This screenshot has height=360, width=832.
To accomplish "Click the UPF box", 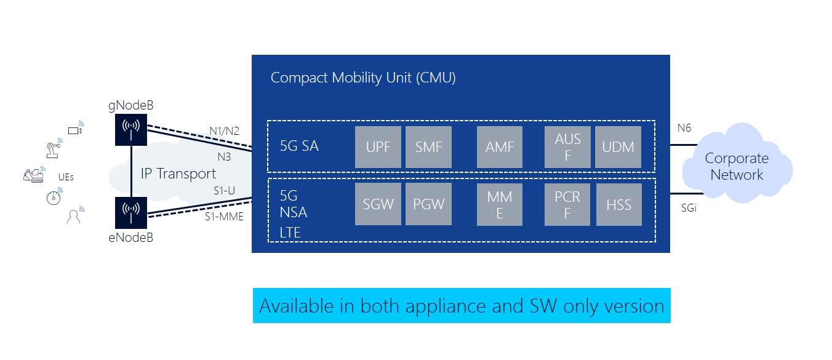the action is click(378, 147).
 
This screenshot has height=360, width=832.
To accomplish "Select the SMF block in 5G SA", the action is click(429, 147).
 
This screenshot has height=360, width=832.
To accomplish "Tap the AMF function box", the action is click(500, 147).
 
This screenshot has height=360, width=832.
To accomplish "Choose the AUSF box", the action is click(567, 147).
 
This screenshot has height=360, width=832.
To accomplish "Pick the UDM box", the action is click(618, 147).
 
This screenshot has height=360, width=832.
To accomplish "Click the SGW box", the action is click(378, 204).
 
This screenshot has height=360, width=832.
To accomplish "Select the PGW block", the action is click(429, 204).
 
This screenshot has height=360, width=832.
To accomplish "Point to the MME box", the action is click(500, 204).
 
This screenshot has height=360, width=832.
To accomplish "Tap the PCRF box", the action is click(567, 204).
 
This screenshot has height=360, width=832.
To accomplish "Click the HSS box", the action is click(619, 204).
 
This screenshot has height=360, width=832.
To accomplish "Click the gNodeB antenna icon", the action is click(131, 130).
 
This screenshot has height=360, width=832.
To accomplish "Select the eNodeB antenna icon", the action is click(131, 213).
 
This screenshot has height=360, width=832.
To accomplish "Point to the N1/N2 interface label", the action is click(225, 131).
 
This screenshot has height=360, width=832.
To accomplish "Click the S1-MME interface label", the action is click(225, 217).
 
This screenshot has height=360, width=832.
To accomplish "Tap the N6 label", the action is click(684, 128).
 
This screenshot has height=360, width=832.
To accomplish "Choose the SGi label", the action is click(689, 208).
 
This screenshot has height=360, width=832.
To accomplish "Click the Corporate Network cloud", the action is click(737, 164).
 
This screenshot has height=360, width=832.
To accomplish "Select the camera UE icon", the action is click(76, 128).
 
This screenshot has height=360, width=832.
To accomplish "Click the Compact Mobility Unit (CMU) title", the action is click(363, 78).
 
